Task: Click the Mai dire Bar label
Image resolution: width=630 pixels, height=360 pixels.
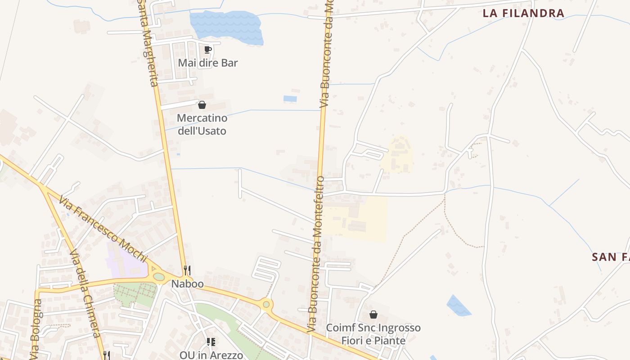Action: pos(208,63)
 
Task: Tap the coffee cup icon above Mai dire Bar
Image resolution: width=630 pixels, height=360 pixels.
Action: pos(207,49)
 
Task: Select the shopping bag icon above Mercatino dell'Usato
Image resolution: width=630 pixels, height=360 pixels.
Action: pos(202,105)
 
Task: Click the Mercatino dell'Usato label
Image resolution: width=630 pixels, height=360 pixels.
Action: pos(202,125)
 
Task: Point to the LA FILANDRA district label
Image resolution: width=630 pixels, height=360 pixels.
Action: pos(523,13)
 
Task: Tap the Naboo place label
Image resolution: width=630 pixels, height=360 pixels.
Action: pos(187,284)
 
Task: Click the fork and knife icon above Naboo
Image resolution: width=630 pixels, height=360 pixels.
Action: pos(187,270)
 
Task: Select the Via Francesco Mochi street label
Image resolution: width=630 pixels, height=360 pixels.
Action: pos(103,230)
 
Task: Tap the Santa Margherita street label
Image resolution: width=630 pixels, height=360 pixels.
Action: pos(148,45)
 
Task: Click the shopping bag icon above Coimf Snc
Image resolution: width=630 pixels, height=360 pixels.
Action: pos(373,315)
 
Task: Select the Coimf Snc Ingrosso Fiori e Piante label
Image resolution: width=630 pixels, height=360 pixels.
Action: pos(373,334)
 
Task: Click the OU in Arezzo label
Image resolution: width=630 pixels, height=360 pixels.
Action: pos(211,355)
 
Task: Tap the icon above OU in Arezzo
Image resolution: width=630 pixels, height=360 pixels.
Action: pos(211,342)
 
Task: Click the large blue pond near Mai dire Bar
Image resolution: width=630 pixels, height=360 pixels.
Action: pos(227,27)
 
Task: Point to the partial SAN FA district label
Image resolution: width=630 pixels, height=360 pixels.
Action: pos(610,257)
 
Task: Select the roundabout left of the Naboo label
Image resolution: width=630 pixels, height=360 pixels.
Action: pos(159,277)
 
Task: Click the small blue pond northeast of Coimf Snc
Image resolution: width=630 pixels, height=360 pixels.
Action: pos(459,306)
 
